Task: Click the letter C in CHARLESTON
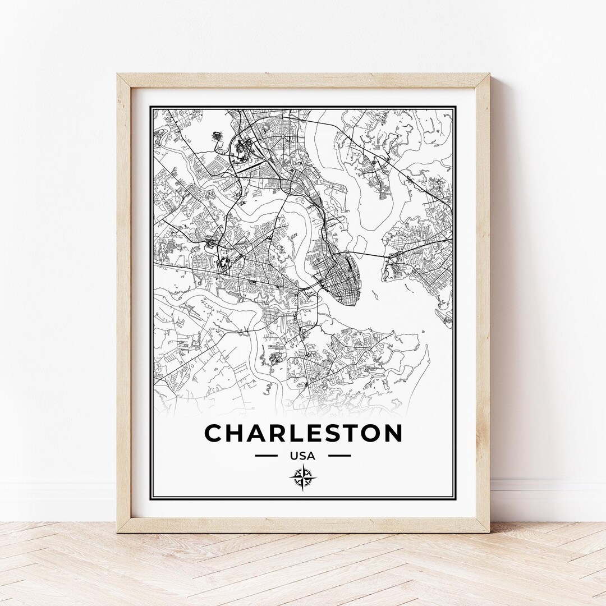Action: [x=214, y=433]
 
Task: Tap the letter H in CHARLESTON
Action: [x=237, y=433]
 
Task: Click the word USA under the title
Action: [x=303, y=456]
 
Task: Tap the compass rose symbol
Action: [x=303, y=478]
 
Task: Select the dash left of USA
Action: [x=266, y=456]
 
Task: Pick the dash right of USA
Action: [x=339, y=456]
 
